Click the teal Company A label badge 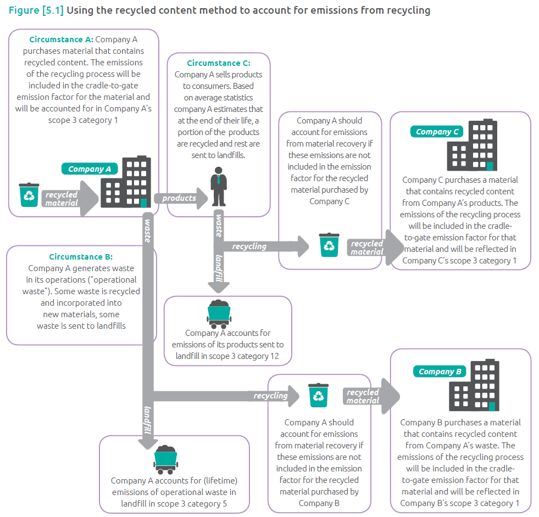90,169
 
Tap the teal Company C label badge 437,132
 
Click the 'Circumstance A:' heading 61,40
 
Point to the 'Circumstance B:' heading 80,257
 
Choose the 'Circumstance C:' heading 218,63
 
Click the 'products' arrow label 179,198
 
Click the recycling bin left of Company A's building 29,195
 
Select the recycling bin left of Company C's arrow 329,245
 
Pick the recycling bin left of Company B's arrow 319,395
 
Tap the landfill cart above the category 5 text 165,459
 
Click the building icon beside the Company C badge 473,145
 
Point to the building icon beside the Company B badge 476,385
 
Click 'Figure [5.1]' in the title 36,10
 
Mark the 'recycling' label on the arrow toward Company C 249,246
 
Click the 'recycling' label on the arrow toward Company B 270,396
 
